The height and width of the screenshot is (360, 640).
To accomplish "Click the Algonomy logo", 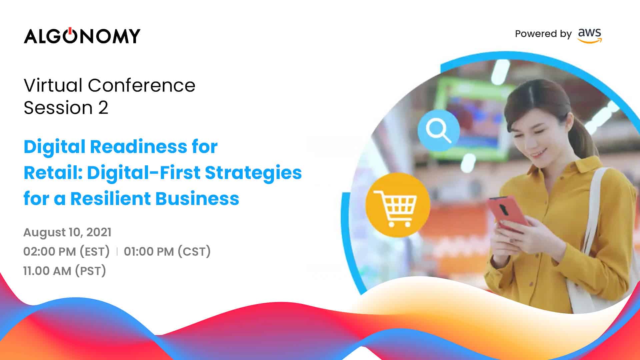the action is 82,36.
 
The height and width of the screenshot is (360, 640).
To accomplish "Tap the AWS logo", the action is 590,36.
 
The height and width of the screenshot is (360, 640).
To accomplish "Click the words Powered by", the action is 543,34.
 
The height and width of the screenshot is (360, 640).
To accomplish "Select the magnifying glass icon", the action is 439,130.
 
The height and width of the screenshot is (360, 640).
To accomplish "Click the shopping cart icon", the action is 398,205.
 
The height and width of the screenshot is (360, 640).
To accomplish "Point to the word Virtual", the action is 53,85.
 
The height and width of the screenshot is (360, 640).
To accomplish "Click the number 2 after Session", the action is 103,108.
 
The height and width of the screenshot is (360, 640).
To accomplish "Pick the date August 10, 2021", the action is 67,232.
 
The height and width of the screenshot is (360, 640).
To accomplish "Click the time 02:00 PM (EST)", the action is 66,251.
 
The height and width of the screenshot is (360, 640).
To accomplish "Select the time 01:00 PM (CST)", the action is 167,251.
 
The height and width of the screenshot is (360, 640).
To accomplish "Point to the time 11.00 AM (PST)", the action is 65,271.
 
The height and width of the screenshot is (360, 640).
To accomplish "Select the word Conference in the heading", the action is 142,85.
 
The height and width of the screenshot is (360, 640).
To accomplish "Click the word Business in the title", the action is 197,199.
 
